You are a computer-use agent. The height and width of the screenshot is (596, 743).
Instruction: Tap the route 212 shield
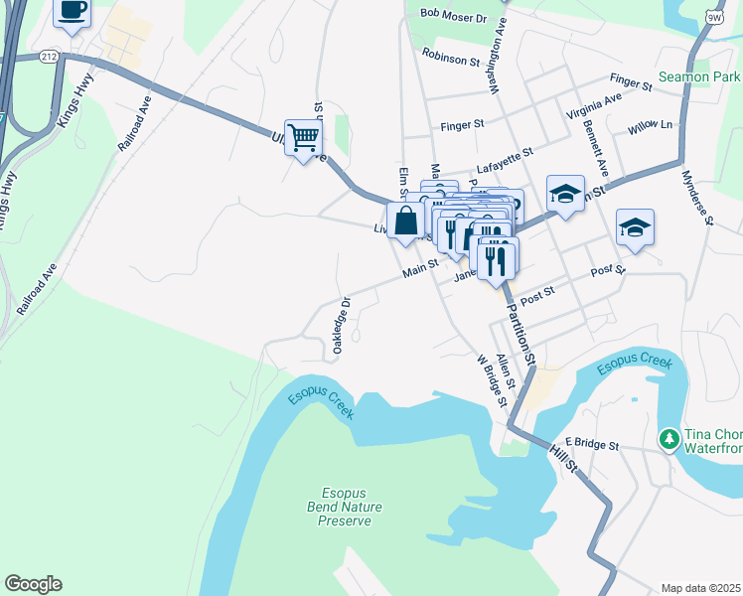click(x=49, y=57)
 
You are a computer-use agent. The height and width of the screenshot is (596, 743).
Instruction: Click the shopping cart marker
click(x=302, y=137)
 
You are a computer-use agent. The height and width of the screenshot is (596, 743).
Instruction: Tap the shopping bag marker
click(x=405, y=221)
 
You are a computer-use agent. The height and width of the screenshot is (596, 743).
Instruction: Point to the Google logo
click(x=33, y=584)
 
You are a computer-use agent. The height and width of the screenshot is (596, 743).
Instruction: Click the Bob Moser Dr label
click(x=453, y=16)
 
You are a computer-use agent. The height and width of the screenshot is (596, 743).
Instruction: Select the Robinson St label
click(x=450, y=59)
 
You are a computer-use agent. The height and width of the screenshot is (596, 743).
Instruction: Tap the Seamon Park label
click(x=699, y=76)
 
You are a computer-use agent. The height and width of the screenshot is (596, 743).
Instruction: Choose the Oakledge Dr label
click(x=341, y=326)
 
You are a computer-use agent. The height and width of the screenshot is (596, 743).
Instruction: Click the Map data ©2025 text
click(x=700, y=588)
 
